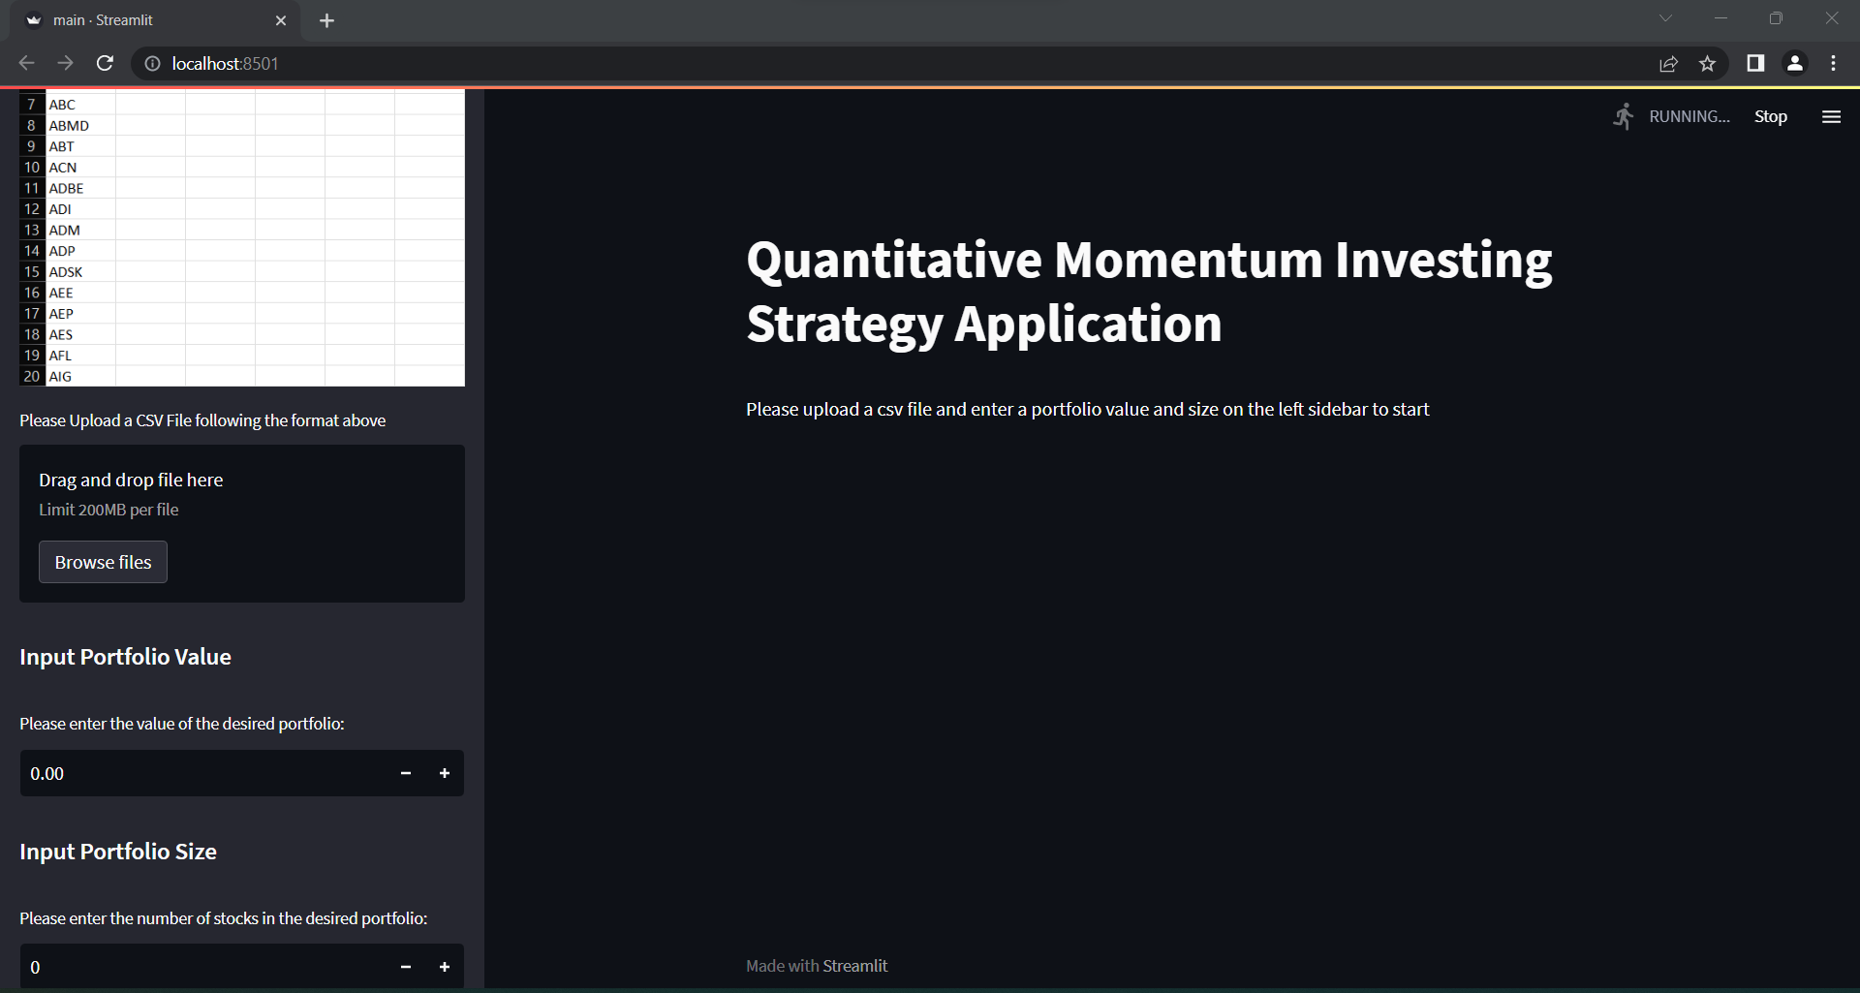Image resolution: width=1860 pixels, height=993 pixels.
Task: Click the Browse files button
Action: click(103, 562)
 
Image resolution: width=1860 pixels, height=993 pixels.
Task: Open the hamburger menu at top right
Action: click(1831, 116)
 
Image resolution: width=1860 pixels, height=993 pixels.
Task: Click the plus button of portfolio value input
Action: click(445, 773)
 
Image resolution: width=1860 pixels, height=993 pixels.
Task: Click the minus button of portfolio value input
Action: click(406, 773)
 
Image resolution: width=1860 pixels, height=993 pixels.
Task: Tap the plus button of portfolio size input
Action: click(445, 967)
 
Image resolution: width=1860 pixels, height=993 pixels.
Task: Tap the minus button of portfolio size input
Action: click(406, 967)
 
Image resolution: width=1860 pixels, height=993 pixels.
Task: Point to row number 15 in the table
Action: click(32, 271)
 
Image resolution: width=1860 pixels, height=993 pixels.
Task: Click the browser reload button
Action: click(105, 63)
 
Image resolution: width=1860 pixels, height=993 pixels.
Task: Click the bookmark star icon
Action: click(1707, 63)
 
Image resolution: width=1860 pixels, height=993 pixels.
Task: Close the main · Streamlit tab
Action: click(281, 20)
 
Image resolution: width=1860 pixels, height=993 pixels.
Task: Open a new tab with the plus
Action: click(326, 20)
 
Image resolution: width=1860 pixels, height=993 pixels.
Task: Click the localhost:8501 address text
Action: click(225, 63)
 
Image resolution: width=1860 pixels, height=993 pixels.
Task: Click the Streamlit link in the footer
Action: click(854, 966)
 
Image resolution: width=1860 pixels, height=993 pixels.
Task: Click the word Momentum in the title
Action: click(1188, 261)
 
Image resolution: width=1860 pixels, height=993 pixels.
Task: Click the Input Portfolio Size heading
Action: click(118, 852)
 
